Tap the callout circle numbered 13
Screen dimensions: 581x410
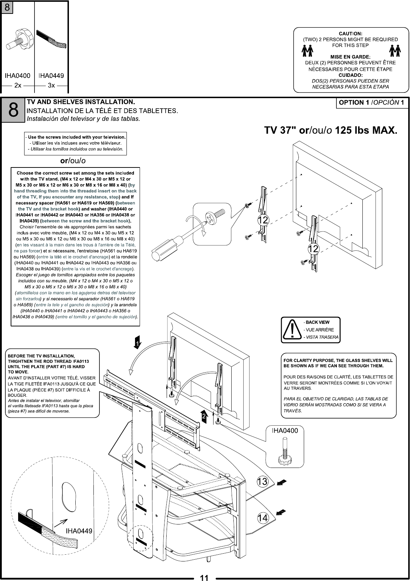click(x=262, y=482)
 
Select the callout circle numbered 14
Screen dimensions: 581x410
click(x=262, y=518)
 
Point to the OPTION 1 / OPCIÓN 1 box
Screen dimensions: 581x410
click(x=372, y=103)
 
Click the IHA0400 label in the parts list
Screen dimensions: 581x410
click(x=17, y=75)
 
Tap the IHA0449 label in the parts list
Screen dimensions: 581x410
click(x=51, y=75)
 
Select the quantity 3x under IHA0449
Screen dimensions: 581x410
click(x=51, y=85)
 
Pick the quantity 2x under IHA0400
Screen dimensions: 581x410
click(x=18, y=85)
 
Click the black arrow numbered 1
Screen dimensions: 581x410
click(x=137, y=342)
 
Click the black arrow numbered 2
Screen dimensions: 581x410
click(x=204, y=416)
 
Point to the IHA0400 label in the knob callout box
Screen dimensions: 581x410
click(x=285, y=431)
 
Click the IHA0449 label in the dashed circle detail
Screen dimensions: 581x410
click(x=79, y=531)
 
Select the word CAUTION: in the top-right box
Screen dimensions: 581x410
click(x=350, y=33)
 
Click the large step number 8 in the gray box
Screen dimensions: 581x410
click(x=13, y=110)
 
